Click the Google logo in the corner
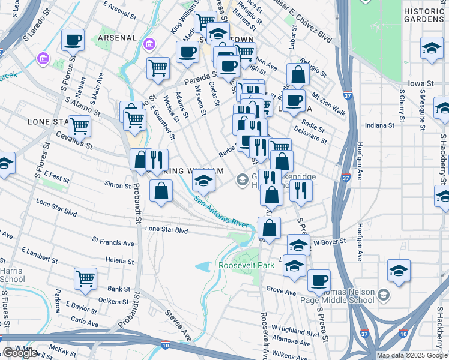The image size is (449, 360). [x=20, y=353]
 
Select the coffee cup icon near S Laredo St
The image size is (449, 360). [x=73, y=41]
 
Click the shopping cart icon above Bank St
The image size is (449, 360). [x=86, y=278]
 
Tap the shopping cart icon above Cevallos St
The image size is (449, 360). [x=80, y=127]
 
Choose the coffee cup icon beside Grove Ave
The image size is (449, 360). [x=319, y=280]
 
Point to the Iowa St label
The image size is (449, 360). [x=421, y=83]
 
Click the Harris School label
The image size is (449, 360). [x=11, y=275]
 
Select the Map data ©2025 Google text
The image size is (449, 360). [x=412, y=355]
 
